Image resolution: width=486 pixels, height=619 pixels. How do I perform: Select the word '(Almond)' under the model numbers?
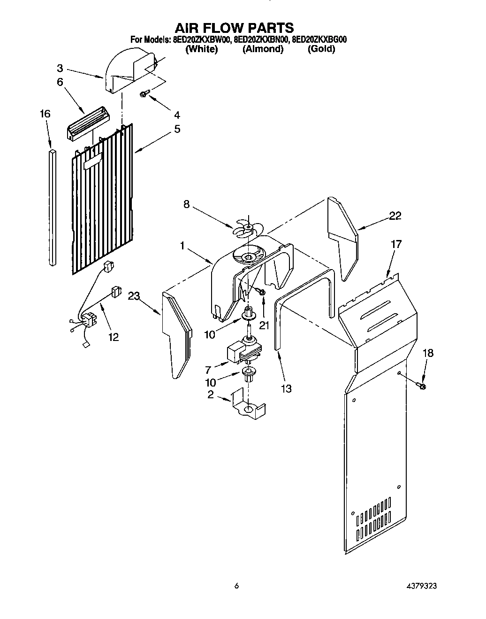point(263,49)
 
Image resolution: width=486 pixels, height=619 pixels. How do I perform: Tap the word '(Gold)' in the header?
point(321,49)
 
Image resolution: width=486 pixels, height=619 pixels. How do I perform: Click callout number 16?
point(45,114)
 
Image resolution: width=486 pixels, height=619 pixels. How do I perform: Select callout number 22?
point(395,216)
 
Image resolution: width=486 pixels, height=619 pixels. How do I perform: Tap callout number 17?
point(396,244)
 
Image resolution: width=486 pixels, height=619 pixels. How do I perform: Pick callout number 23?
point(134,296)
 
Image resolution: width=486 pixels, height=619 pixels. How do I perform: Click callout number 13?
point(286,388)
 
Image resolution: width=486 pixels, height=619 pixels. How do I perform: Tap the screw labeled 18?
point(420,386)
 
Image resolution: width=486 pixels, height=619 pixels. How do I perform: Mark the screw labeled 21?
point(261,292)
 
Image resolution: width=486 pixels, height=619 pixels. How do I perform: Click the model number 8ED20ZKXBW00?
point(200,40)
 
